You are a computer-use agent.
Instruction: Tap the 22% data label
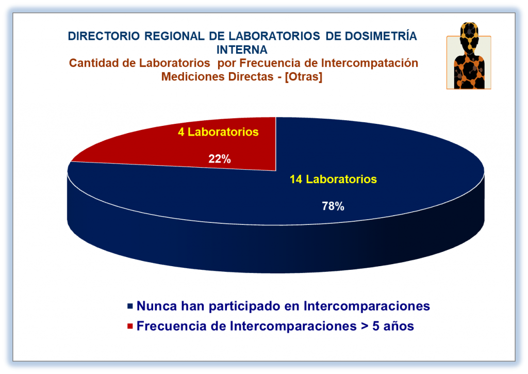220,159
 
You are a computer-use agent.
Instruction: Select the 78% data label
333,206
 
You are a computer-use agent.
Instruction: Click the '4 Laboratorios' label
218,132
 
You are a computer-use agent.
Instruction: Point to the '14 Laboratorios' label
333,179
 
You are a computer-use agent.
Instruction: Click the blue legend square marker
130,306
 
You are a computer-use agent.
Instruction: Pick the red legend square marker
130,326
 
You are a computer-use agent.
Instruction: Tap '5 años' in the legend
393,326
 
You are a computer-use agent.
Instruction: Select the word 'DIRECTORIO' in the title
104,36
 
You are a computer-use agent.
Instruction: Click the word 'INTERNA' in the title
242,50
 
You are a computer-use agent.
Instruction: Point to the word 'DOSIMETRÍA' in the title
381,36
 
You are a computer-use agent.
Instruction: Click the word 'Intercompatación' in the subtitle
369,63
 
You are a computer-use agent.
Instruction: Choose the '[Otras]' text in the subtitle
303,77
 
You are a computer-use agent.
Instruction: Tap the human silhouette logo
469,56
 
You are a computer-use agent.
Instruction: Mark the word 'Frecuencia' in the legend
171,326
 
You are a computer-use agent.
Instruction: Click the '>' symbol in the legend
364,326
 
